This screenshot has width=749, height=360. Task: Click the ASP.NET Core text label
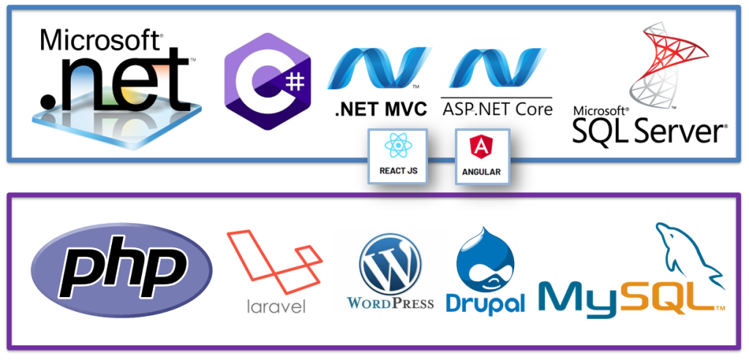point(497,110)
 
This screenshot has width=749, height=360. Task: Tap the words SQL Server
point(649,132)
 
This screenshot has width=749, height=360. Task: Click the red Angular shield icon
point(481,147)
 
